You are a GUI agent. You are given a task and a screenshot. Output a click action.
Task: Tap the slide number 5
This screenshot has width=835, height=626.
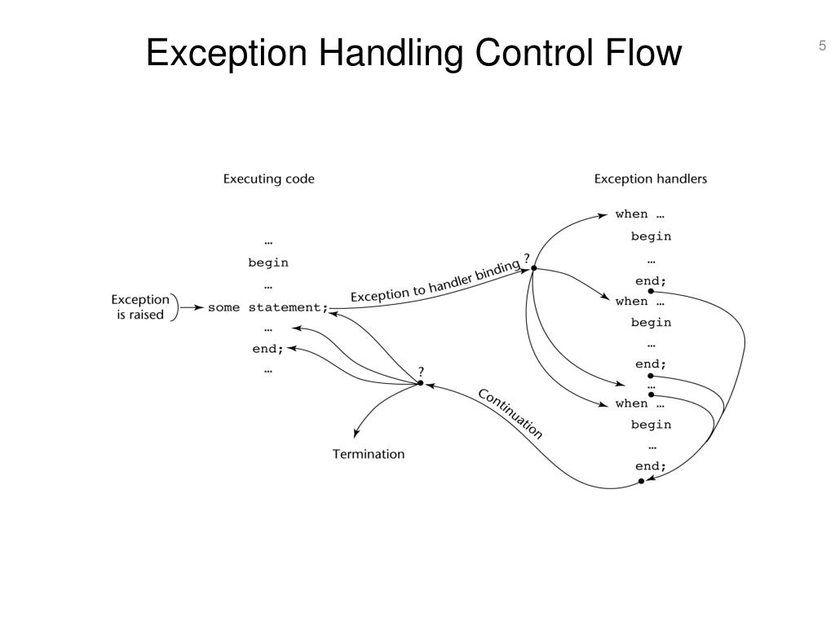click(x=823, y=46)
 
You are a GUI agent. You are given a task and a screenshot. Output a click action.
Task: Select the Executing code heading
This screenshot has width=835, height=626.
click(x=268, y=179)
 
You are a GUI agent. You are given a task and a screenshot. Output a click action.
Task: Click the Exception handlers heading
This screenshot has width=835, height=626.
click(x=650, y=179)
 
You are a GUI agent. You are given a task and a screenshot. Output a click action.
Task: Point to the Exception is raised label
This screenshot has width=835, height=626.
click(x=140, y=307)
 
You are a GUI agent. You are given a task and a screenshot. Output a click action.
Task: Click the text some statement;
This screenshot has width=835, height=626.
click(x=267, y=307)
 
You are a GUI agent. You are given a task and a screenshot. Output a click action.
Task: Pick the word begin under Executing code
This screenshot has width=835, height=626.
click(x=268, y=262)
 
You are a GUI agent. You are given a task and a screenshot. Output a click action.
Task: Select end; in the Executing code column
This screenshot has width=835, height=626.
click(x=268, y=349)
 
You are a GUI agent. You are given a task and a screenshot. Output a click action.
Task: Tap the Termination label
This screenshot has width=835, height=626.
click(x=368, y=454)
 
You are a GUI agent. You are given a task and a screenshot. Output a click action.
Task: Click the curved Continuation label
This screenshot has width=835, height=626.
click(x=510, y=413)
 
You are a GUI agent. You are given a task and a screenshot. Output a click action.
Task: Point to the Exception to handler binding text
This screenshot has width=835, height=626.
click(x=434, y=283)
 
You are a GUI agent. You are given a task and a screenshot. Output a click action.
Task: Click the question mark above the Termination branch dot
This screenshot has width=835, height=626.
click(x=421, y=371)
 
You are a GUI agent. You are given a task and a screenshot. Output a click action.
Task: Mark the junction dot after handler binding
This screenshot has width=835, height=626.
click(x=533, y=267)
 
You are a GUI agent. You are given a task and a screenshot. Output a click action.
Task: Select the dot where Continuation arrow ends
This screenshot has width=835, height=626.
click(x=421, y=382)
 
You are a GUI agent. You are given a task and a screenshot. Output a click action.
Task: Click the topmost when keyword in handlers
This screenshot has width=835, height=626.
click(x=631, y=214)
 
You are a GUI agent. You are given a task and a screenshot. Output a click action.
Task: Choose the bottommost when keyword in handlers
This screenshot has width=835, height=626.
click(x=631, y=403)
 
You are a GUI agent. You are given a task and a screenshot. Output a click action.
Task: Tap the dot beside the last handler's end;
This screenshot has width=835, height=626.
click(x=641, y=481)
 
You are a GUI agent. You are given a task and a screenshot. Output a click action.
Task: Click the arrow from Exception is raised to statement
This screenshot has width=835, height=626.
click(x=192, y=307)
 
